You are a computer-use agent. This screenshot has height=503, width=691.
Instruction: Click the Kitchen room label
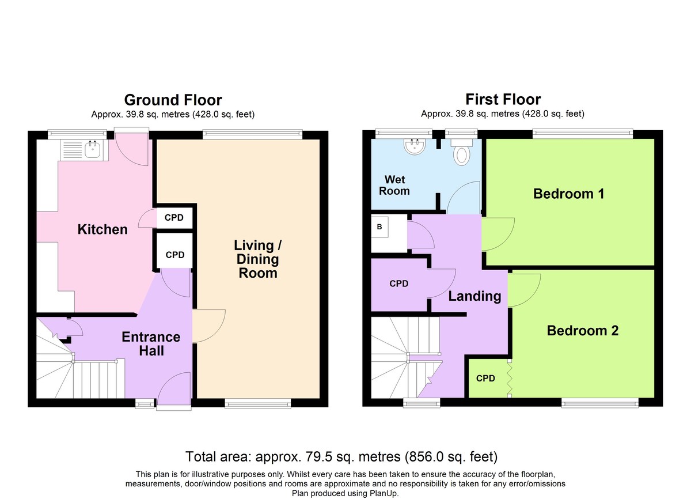tap(102, 229)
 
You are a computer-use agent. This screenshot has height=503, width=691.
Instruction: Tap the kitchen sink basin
tap(92, 150)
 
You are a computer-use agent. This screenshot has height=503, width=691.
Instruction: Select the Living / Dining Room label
tap(257, 259)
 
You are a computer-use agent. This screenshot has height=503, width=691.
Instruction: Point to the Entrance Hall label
tap(151, 344)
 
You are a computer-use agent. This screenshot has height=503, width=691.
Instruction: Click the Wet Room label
tap(394, 185)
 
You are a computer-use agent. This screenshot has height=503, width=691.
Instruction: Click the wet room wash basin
tap(415, 146)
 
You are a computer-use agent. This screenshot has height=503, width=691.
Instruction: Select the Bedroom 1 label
tap(568, 194)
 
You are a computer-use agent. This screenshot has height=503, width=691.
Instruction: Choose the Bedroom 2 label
tap(583, 331)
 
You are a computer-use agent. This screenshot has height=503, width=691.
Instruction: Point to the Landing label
tap(474, 296)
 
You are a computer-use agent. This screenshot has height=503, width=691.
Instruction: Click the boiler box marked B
tap(379, 227)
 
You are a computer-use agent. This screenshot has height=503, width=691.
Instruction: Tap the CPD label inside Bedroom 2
tap(485, 378)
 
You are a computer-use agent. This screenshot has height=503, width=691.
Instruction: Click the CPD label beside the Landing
tap(399, 283)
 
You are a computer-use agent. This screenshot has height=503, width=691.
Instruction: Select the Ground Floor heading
tap(173, 100)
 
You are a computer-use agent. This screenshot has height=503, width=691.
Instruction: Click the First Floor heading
tap(503, 99)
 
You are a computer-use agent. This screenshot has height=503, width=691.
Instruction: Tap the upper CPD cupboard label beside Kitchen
tap(174, 218)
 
